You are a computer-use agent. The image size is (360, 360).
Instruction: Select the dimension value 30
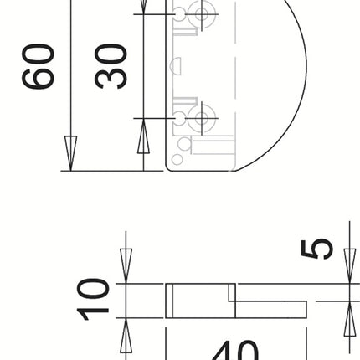pos(111,67)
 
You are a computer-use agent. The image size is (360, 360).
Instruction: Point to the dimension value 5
pos(319,249)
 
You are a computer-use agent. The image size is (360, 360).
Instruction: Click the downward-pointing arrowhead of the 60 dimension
pos(70,155)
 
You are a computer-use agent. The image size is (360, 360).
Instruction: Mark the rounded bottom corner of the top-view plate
pos(171,165)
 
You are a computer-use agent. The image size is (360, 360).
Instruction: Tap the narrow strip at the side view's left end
pos(170,301)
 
